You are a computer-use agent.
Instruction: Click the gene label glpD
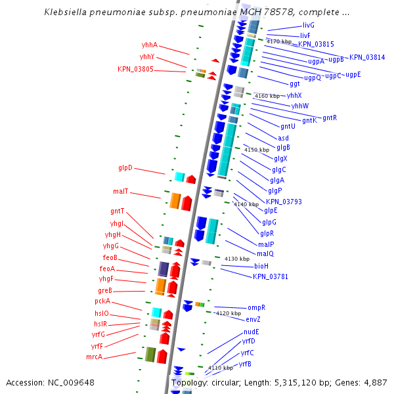click(125, 167)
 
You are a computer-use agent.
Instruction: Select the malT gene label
click(120, 192)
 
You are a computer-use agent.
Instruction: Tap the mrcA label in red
click(94, 357)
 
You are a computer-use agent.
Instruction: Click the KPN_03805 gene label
click(135, 69)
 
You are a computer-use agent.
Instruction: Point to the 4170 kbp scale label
click(278, 41)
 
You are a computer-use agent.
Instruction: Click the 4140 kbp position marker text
click(246, 204)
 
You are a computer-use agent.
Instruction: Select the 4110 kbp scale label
click(221, 368)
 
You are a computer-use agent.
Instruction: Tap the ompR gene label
click(256, 307)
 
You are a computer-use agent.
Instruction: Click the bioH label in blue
click(261, 266)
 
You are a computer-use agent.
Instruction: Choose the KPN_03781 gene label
click(271, 276)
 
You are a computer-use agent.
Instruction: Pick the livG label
click(309, 25)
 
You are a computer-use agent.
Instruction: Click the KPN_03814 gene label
click(367, 57)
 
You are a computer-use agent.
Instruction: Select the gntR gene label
click(330, 118)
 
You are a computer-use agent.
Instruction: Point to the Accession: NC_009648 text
click(50, 382)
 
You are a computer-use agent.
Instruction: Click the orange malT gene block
click(175, 201)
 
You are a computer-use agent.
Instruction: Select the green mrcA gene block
click(150, 355)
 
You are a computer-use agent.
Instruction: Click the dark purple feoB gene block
click(164, 269)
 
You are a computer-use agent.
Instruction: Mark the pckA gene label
click(102, 301)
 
